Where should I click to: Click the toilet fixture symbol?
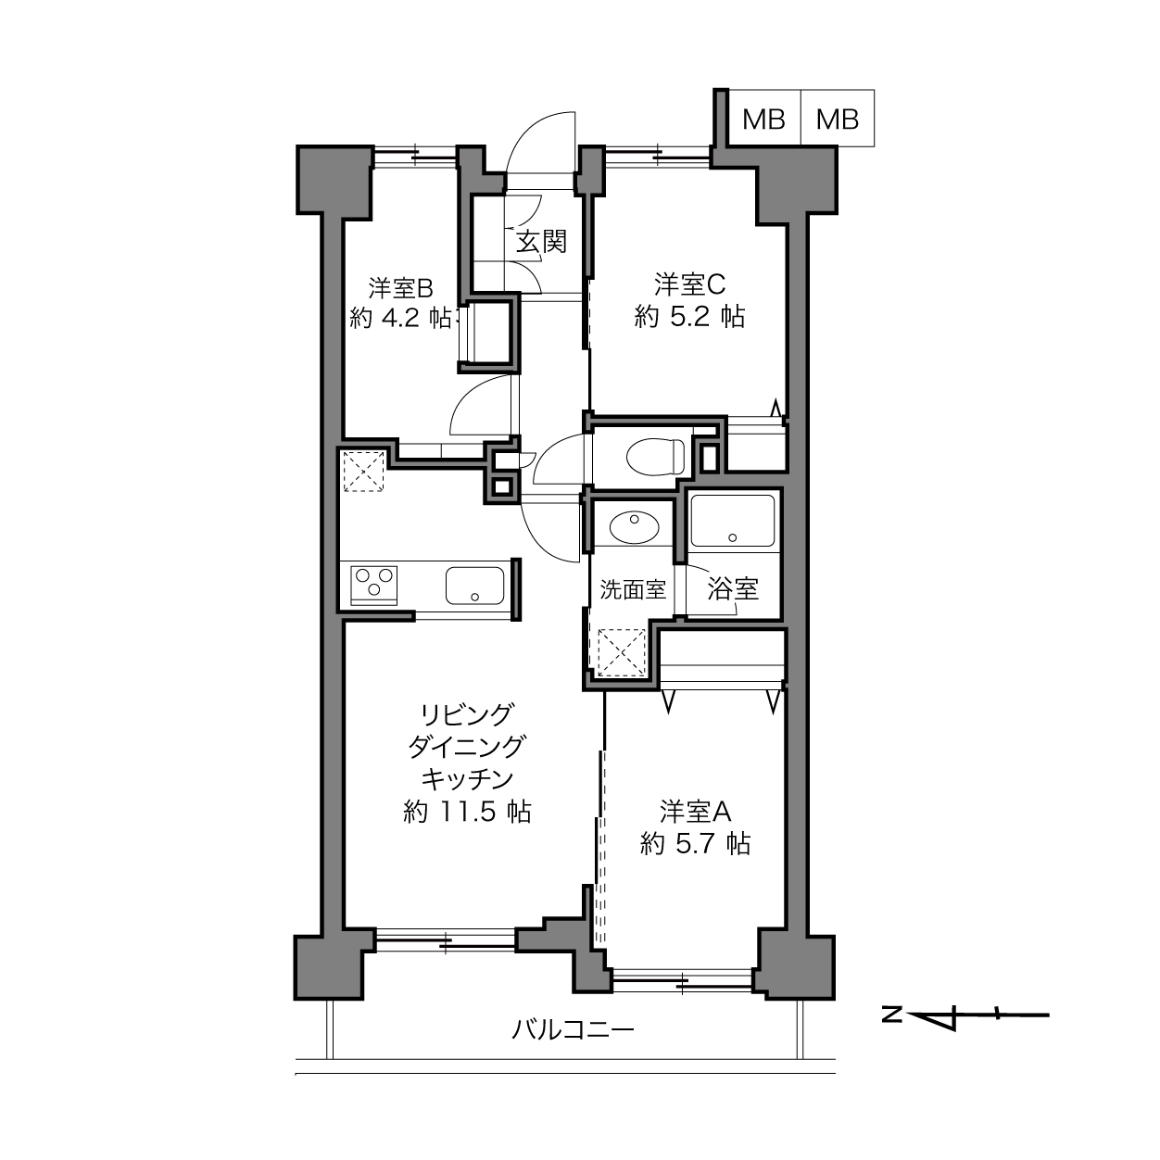point(656,457)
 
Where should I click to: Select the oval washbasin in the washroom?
point(634,527)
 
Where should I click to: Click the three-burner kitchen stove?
point(373,586)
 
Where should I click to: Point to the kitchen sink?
point(474,586)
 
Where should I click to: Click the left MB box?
point(763,118)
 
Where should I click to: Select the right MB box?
point(838,118)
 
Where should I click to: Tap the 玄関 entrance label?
point(541,242)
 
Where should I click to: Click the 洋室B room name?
point(401,288)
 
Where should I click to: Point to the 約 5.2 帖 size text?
point(690,317)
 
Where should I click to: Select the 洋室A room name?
point(695,812)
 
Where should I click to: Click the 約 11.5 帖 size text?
point(467,812)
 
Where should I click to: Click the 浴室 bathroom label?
point(733,588)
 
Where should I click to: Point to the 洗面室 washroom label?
point(633,590)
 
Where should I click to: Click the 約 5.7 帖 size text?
point(695,843)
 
